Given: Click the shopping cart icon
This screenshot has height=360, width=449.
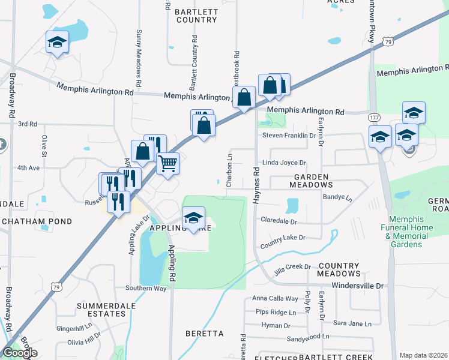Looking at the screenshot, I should pyautogui.click(x=168, y=163).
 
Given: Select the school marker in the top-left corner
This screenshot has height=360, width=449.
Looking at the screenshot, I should pyautogui.click(x=57, y=42).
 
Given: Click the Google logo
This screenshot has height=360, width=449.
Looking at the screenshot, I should pyautogui.click(x=20, y=353).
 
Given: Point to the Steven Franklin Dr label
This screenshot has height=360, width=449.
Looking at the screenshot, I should pyautogui.click(x=289, y=136).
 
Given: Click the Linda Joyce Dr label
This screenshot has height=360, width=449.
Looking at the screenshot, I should pyautogui.click(x=285, y=163).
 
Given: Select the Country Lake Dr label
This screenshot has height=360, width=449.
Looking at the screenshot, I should pyautogui.click(x=283, y=246).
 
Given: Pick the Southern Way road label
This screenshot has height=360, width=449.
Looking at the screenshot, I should pyautogui.click(x=146, y=288).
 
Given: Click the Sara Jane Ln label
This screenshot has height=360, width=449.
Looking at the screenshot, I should pyautogui.click(x=352, y=324).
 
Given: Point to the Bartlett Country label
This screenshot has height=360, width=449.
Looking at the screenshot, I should pyautogui.click(x=196, y=16).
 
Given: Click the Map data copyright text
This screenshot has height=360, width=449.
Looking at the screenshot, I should pyautogui.click(x=423, y=355).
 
